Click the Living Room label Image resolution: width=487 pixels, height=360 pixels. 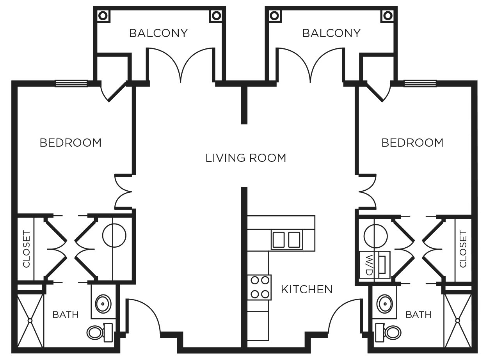[x=246, y=158]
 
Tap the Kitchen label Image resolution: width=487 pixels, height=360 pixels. [x=307, y=289]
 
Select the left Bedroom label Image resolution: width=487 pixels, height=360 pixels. [x=71, y=143]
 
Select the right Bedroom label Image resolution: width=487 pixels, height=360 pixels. [x=412, y=143]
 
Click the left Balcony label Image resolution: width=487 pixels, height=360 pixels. [x=158, y=33]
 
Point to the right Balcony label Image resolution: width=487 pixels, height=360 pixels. [x=331, y=33]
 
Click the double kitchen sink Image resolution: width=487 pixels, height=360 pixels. [x=286, y=239]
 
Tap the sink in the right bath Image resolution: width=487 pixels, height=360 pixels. [x=386, y=303]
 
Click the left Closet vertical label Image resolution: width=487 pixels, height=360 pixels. [x=27, y=249]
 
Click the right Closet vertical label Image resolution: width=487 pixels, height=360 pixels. [x=463, y=249]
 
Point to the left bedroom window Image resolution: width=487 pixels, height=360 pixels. [x=71, y=83]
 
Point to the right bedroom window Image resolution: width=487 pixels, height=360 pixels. [x=420, y=83]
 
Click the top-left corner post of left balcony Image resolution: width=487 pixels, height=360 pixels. [x=103, y=15]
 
